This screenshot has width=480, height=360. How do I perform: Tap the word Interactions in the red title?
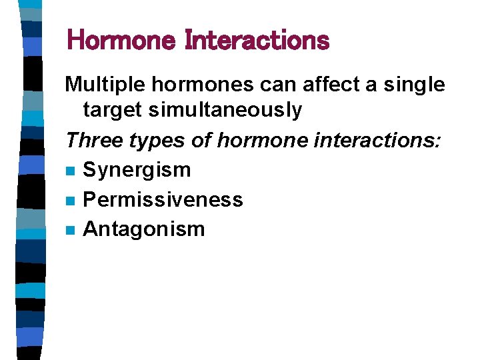point(257,41)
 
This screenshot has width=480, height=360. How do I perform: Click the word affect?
point(321,85)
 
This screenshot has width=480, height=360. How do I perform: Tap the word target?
point(113,110)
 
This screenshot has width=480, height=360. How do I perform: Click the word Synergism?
point(137,170)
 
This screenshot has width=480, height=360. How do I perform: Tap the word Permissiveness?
point(163,199)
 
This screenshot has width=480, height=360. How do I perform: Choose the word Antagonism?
point(143,229)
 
